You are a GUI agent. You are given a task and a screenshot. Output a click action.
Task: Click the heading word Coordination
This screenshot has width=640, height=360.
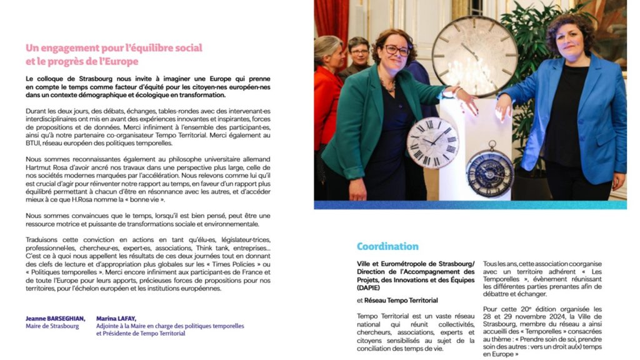click(387, 246)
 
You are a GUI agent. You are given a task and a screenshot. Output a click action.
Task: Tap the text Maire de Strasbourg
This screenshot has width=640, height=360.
click(52, 326)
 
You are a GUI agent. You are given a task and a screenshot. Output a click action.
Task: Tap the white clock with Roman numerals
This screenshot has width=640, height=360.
click(432, 142)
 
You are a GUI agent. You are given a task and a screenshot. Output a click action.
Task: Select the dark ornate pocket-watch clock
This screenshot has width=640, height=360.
click(489, 173)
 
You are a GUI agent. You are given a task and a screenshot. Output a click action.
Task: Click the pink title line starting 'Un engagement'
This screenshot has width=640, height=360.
click(114, 47)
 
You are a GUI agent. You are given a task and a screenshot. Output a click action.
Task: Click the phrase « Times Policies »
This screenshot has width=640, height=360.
click(232, 264)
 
